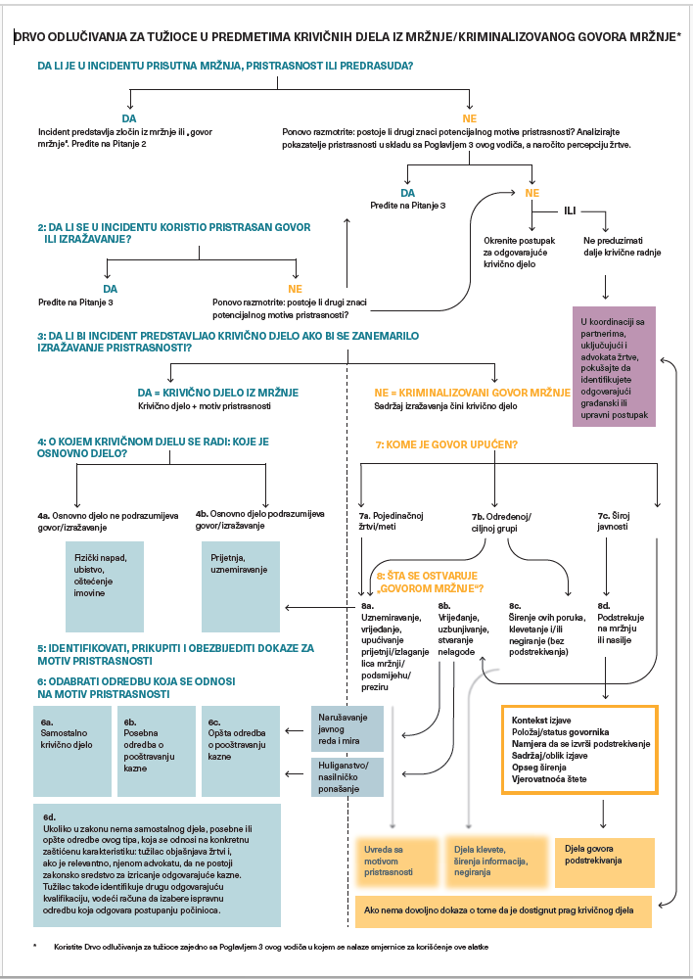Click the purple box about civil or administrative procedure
click(615, 366)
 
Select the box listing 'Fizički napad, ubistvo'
click(104, 586)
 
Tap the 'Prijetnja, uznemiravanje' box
click(241, 586)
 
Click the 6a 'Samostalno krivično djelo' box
click(72, 751)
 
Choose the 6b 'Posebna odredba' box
click(156, 751)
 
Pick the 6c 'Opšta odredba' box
click(241, 751)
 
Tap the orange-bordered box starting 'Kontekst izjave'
click(580, 750)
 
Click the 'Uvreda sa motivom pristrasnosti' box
click(396, 862)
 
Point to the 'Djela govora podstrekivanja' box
click(604, 862)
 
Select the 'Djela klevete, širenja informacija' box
click(496, 862)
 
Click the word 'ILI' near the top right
click(570, 211)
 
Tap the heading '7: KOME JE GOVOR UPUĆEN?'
click(445, 445)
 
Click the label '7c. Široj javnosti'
click(613, 521)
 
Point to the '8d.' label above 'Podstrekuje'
click(604, 606)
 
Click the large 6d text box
click(157, 865)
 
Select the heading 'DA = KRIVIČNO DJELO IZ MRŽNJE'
click(218, 393)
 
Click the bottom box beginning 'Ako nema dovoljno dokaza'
click(504, 910)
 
